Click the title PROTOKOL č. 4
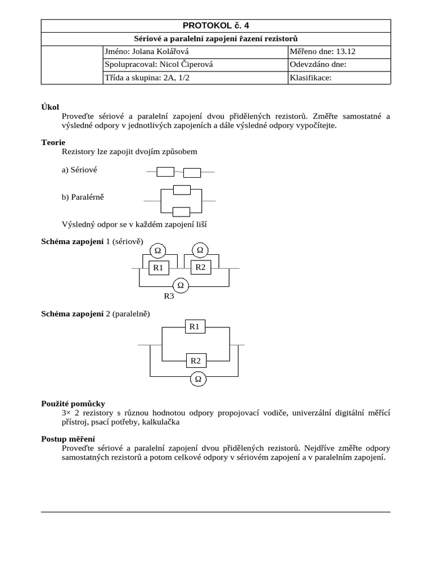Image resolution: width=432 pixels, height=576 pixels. [x=216, y=26]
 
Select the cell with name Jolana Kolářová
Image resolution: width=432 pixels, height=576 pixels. [x=195, y=52]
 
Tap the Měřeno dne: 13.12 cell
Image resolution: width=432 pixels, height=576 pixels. [x=339, y=52]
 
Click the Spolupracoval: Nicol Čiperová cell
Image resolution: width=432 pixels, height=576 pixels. [x=195, y=65]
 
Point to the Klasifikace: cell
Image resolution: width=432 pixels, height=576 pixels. [x=339, y=78]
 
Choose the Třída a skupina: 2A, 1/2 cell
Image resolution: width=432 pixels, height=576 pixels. [x=195, y=78]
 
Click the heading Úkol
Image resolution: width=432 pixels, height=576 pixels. [x=50, y=107]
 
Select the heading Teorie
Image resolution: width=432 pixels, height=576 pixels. [x=53, y=143]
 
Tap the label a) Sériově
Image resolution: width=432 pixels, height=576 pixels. [x=83, y=170]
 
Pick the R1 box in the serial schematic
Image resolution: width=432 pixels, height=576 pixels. [x=158, y=268]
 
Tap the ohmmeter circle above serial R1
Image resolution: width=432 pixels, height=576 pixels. [x=158, y=250]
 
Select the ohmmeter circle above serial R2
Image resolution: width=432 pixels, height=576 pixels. [x=200, y=249]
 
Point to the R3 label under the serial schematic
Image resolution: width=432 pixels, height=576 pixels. [x=168, y=296]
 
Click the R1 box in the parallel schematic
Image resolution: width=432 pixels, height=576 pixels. [x=194, y=326]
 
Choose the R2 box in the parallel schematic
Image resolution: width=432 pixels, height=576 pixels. [x=196, y=361]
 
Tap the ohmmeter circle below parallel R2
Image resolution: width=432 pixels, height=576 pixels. [x=198, y=380]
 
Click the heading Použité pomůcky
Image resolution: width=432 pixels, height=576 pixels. [x=73, y=403]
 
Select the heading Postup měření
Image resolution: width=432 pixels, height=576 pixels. [x=68, y=439]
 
